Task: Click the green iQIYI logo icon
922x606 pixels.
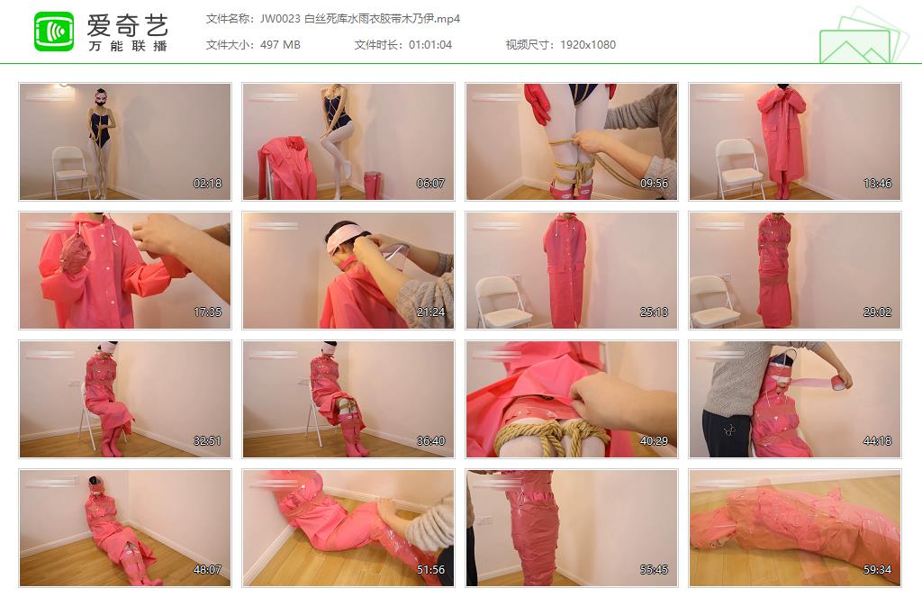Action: [54, 32]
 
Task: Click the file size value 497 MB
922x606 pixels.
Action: [280, 45]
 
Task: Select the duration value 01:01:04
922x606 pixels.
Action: [430, 45]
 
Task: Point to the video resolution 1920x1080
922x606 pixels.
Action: [587, 45]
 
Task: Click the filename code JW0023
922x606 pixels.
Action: [280, 19]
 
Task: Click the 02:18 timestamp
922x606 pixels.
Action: [208, 184]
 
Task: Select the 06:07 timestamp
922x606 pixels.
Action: [430, 184]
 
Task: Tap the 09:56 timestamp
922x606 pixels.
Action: [654, 184]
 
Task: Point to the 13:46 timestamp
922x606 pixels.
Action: [877, 184]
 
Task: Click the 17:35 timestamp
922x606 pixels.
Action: [208, 312]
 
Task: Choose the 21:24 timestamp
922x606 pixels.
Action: [430, 312]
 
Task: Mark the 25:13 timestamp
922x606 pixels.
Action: [654, 312]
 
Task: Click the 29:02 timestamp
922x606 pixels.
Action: [877, 312]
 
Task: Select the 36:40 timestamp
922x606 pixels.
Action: [430, 441]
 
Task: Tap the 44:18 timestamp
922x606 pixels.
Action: [877, 441]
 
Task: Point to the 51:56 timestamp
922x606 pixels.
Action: [430, 570]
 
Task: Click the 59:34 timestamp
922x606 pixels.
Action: [877, 570]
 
